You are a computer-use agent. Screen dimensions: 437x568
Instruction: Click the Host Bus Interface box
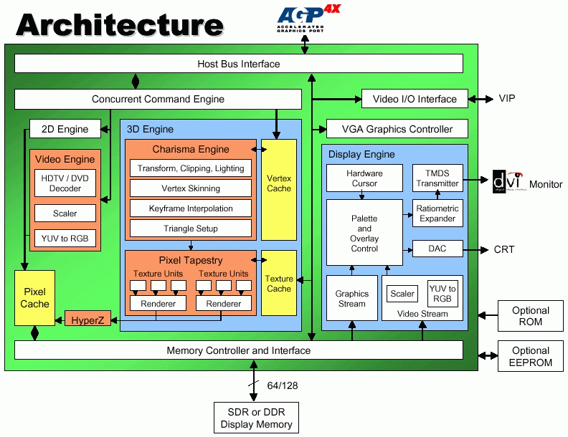coord(239,64)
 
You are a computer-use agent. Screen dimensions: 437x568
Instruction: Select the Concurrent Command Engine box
coord(158,99)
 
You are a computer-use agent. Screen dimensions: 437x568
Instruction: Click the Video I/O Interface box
coord(415,99)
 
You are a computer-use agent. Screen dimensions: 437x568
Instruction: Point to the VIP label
coord(507,99)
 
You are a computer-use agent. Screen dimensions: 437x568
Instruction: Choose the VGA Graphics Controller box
coord(397,129)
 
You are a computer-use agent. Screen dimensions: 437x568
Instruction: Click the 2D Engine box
coord(65,129)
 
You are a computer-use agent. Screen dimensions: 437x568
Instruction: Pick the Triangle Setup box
coord(190,229)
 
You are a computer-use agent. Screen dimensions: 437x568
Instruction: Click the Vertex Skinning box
coord(190,188)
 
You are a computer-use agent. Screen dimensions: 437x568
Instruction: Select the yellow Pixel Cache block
coord(34,298)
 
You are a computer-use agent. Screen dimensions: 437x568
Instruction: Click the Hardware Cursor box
coord(364,178)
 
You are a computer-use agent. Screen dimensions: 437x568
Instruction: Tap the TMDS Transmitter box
coord(437,178)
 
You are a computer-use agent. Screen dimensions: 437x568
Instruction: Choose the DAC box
coord(437,249)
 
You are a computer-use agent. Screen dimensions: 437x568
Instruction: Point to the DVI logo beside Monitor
coord(508,183)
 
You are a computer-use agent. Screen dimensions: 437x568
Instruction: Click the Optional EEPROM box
coord(530,356)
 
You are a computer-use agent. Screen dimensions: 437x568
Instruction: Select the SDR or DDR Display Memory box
coord(256,419)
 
